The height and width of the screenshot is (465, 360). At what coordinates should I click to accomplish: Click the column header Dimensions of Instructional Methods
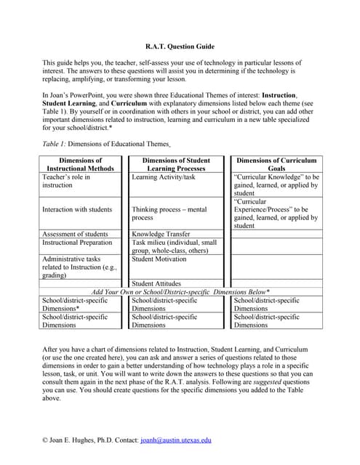pos(80,164)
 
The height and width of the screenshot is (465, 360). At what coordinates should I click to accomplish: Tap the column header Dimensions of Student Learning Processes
pos(176,164)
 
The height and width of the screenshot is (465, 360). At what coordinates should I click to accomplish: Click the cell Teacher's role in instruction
pos(66,180)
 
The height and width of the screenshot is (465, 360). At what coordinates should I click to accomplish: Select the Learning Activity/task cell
pos(164,177)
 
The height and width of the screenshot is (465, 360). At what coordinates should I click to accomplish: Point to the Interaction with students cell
pos(77,209)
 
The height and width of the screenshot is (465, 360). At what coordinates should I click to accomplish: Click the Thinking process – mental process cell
pos(169,213)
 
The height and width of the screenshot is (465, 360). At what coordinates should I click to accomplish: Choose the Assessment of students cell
pos(75,234)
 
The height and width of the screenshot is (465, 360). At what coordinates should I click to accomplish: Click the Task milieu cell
pos(175,247)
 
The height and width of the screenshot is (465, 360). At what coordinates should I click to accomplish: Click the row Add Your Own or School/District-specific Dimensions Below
pos(180,291)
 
